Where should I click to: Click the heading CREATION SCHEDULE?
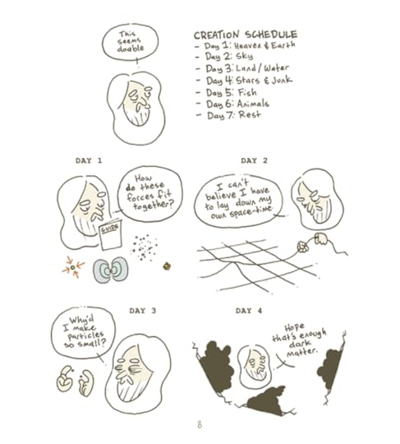pos(246,35)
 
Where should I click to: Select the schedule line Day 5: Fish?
pos(232,93)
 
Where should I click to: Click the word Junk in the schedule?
pos(282,80)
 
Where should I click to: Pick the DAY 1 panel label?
pos(89,160)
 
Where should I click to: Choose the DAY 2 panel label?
pos(254,160)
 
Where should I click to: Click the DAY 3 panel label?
pos(143,311)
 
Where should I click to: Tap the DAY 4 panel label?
pos(249,311)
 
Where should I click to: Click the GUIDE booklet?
pos(111,234)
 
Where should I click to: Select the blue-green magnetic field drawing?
pos(111,270)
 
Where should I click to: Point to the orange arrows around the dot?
pos(73,267)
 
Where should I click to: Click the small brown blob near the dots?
pos(167,266)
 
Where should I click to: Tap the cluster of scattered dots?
pos(144,247)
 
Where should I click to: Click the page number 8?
pos(200,424)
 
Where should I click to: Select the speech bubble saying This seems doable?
pos(130,42)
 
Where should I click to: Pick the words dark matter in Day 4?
pos(301,348)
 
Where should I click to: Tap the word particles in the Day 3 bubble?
pos(85,335)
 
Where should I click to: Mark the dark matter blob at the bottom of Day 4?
pos(266,400)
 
